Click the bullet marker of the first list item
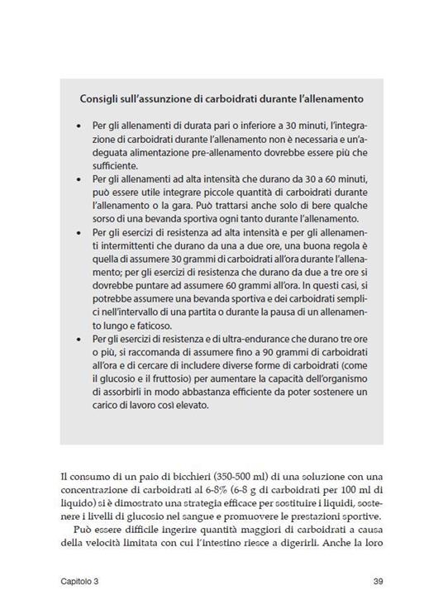point(77,126)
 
